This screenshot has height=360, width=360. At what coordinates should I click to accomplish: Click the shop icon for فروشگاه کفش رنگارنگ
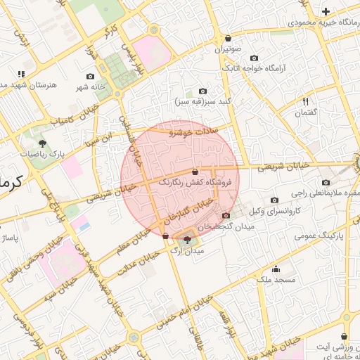pos(195,172)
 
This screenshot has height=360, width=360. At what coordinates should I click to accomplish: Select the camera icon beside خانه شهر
pos(91,76)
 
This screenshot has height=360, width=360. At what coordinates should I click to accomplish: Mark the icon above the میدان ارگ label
pos(186,240)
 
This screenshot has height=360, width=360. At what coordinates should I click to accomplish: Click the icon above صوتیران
pos(228,39)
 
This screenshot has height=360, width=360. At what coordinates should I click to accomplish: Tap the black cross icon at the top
pos(326,11)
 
